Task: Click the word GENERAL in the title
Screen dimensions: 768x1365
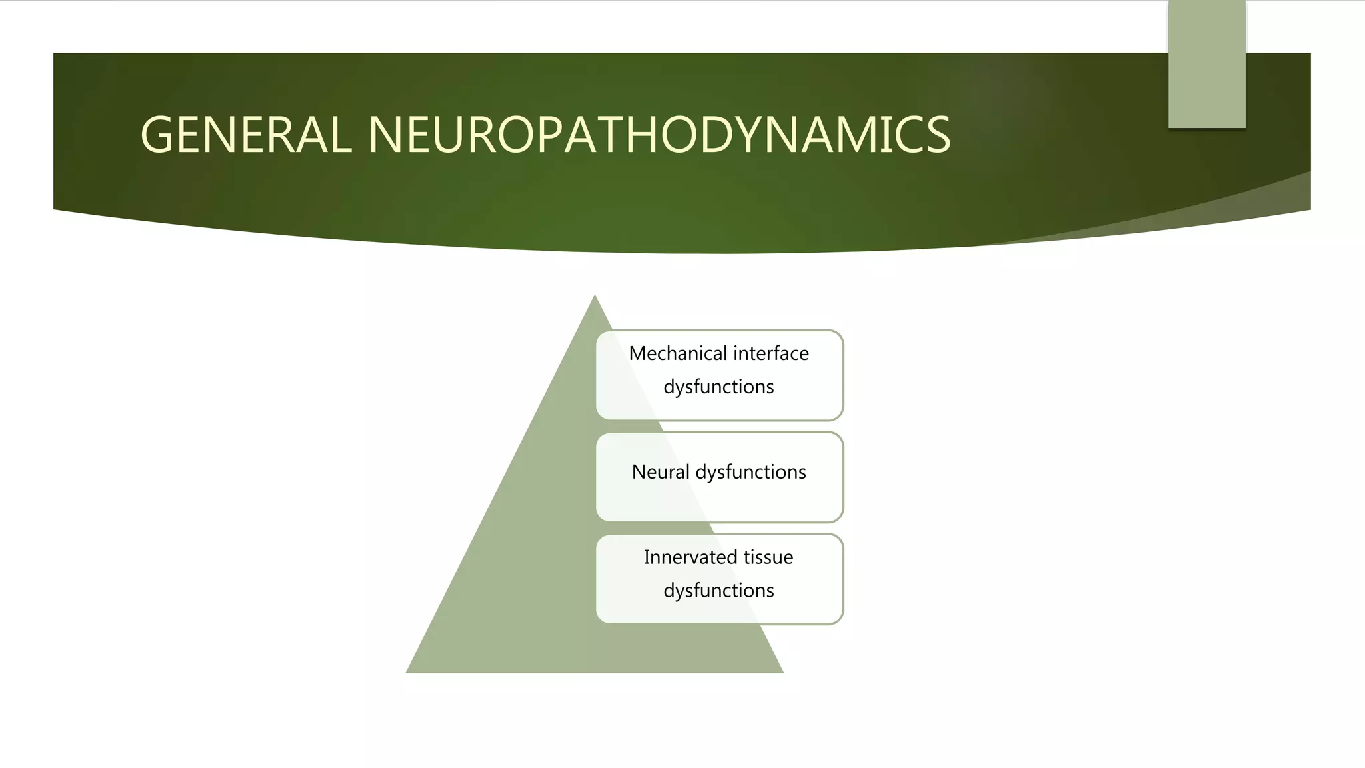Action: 245,135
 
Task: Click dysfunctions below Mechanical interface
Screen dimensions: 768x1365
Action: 718,387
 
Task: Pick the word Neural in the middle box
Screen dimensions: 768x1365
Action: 660,472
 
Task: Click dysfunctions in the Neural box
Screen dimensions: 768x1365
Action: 750,472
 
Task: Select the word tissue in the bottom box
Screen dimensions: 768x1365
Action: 768,557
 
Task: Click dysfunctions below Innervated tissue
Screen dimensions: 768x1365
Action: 718,591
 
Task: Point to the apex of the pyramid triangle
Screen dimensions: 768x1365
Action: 595,298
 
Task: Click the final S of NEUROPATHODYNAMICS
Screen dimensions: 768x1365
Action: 938,135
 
